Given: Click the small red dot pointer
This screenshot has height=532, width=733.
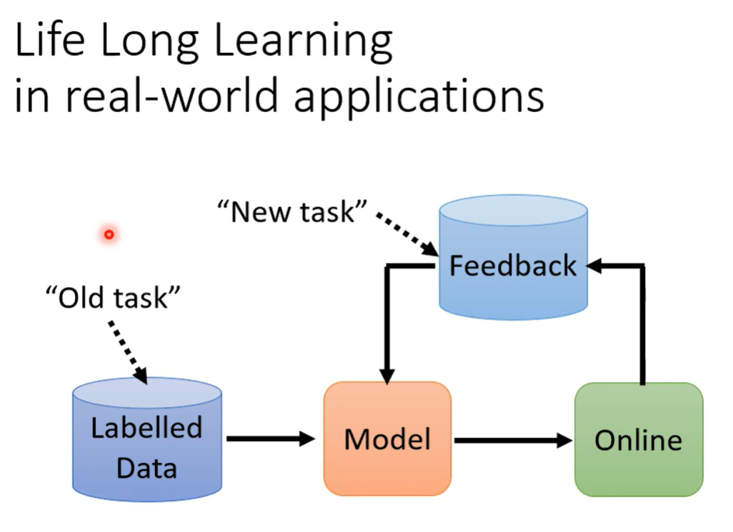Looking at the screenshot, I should click(109, 234).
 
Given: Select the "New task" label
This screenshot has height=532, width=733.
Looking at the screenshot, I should click(292, 211).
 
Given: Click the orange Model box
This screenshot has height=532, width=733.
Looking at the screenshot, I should click(387, 438).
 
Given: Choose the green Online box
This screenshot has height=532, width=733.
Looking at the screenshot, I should click(638, 438).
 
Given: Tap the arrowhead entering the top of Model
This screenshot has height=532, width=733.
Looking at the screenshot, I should click(387, 375).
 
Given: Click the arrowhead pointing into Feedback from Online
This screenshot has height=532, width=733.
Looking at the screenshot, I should click(594, 266).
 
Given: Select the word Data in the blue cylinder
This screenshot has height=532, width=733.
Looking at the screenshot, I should click(146, 468).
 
